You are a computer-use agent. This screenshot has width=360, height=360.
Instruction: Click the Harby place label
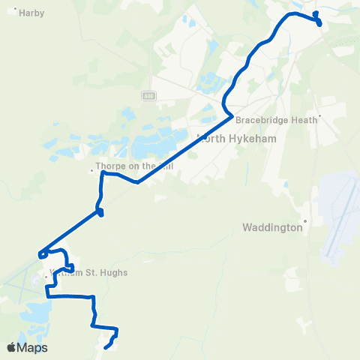click(x=33, y=13)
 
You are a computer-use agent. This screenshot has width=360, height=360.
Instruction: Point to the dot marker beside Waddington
click(x=306, y=222)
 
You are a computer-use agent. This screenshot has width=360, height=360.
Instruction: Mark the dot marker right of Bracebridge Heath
click(x=320, y=116)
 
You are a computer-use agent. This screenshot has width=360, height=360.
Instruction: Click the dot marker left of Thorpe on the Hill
click(x=91, y=170)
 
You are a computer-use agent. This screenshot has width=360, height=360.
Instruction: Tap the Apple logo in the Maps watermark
click(x=11, y=347)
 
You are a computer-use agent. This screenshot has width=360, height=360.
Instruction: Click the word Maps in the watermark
click(x=33, y=347)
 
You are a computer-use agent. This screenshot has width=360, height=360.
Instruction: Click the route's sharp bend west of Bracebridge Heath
click(x=229, y=115)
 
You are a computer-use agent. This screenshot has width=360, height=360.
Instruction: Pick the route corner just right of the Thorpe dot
click(x=103, y=173)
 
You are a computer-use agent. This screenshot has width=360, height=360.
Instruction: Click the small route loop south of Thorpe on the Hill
click(x=100, y=213)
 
